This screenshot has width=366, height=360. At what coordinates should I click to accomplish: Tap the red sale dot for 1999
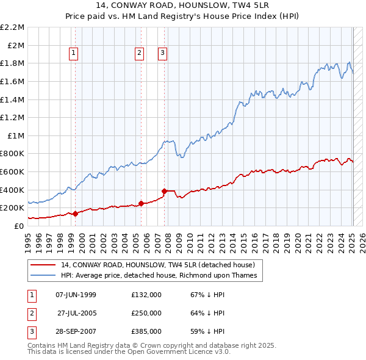pos(75,214)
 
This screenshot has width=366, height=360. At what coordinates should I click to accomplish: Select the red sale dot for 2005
pos(141,203)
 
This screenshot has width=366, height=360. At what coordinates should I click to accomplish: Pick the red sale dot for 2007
pos(165,191)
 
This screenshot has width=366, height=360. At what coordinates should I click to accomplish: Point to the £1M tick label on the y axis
pos(16,135)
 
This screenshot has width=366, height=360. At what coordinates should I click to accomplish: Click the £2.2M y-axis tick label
pos(13,27)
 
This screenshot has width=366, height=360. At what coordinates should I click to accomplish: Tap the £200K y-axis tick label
pos(13,208)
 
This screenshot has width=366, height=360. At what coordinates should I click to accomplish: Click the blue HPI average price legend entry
pos(159,276)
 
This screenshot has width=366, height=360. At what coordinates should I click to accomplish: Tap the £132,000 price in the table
pos(146,294)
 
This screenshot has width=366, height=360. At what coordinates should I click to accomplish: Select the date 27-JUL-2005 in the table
pos(76,313)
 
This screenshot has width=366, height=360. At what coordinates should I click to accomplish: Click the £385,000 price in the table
pos(146,332)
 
